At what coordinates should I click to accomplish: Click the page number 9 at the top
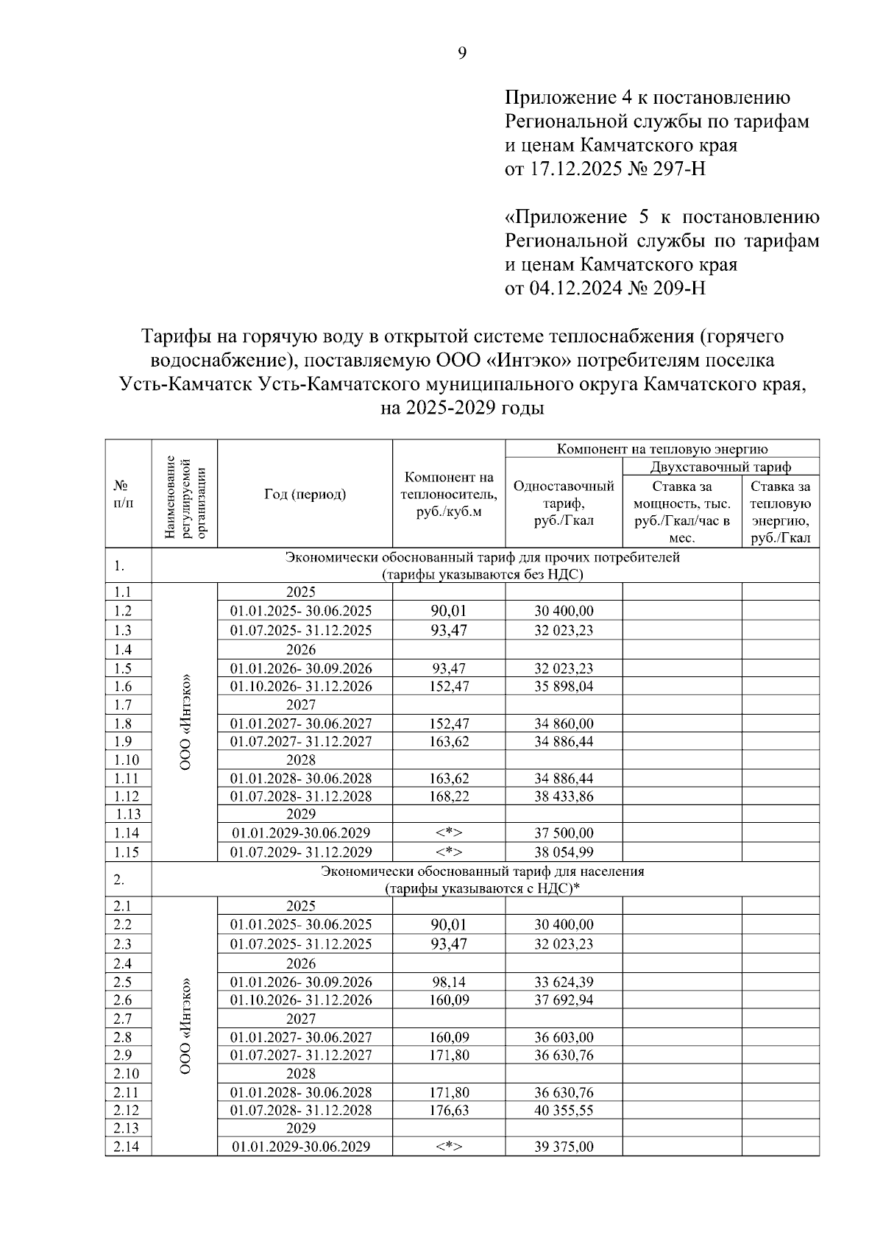[462, 53]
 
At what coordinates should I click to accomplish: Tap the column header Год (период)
[305, 495]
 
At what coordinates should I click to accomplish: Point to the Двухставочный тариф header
[720, 467]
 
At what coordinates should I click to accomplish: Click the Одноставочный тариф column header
[564, 503]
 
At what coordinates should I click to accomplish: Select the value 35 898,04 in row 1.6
[564, 687]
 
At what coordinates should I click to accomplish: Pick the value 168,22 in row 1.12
[449, 796]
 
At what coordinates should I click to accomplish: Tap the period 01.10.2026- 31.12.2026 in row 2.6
[301, 1000]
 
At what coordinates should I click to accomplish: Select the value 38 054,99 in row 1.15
[564, 852]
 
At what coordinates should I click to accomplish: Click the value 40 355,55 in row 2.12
[564, 1111]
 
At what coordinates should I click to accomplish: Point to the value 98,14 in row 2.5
[449, 983]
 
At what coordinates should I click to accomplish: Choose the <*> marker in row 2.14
[449, 1147]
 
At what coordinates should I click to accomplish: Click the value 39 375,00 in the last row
[564, 1147]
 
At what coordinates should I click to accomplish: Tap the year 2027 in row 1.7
[300, 705]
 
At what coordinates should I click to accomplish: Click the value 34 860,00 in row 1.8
[564, 723]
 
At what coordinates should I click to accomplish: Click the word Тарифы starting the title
[171, 337]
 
